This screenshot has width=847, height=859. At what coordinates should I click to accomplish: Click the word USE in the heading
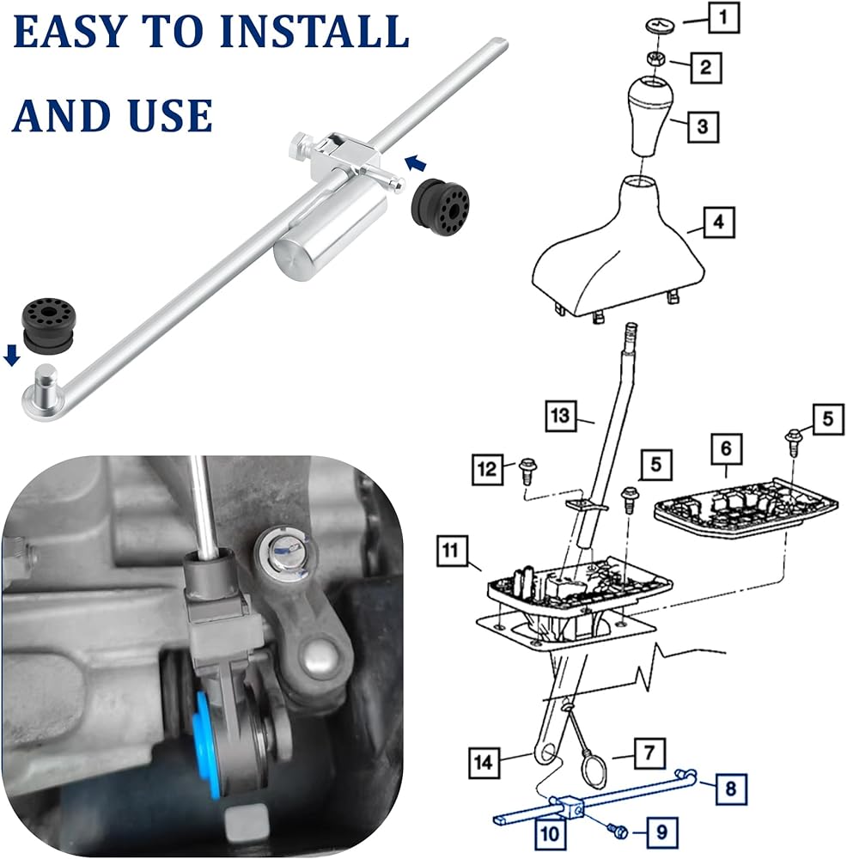(170, 115)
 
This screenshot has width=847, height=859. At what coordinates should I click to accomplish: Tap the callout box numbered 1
(724, 17)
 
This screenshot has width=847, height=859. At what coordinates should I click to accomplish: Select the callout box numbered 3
(703, 126)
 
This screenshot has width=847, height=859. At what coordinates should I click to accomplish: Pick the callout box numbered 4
(718, 222)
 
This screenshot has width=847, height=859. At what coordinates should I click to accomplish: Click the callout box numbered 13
(560, 416)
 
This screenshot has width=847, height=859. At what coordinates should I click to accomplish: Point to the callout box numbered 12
(488, 470)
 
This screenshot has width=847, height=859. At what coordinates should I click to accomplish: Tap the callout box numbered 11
(452, 550)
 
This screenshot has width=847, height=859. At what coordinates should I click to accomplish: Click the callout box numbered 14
(484, 762)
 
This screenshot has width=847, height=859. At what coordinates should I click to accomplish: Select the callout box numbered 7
(649, 753)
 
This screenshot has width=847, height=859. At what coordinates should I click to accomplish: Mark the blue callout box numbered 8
(731, 789)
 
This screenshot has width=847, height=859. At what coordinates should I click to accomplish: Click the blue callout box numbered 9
(661, 832)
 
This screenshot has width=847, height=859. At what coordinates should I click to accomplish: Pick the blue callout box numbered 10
(550, 834)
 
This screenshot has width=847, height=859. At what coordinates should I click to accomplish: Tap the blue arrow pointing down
(12, 355)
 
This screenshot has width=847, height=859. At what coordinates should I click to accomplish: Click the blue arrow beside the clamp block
(416, 162)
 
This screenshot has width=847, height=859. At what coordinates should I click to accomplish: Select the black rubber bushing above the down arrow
(47, 325)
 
